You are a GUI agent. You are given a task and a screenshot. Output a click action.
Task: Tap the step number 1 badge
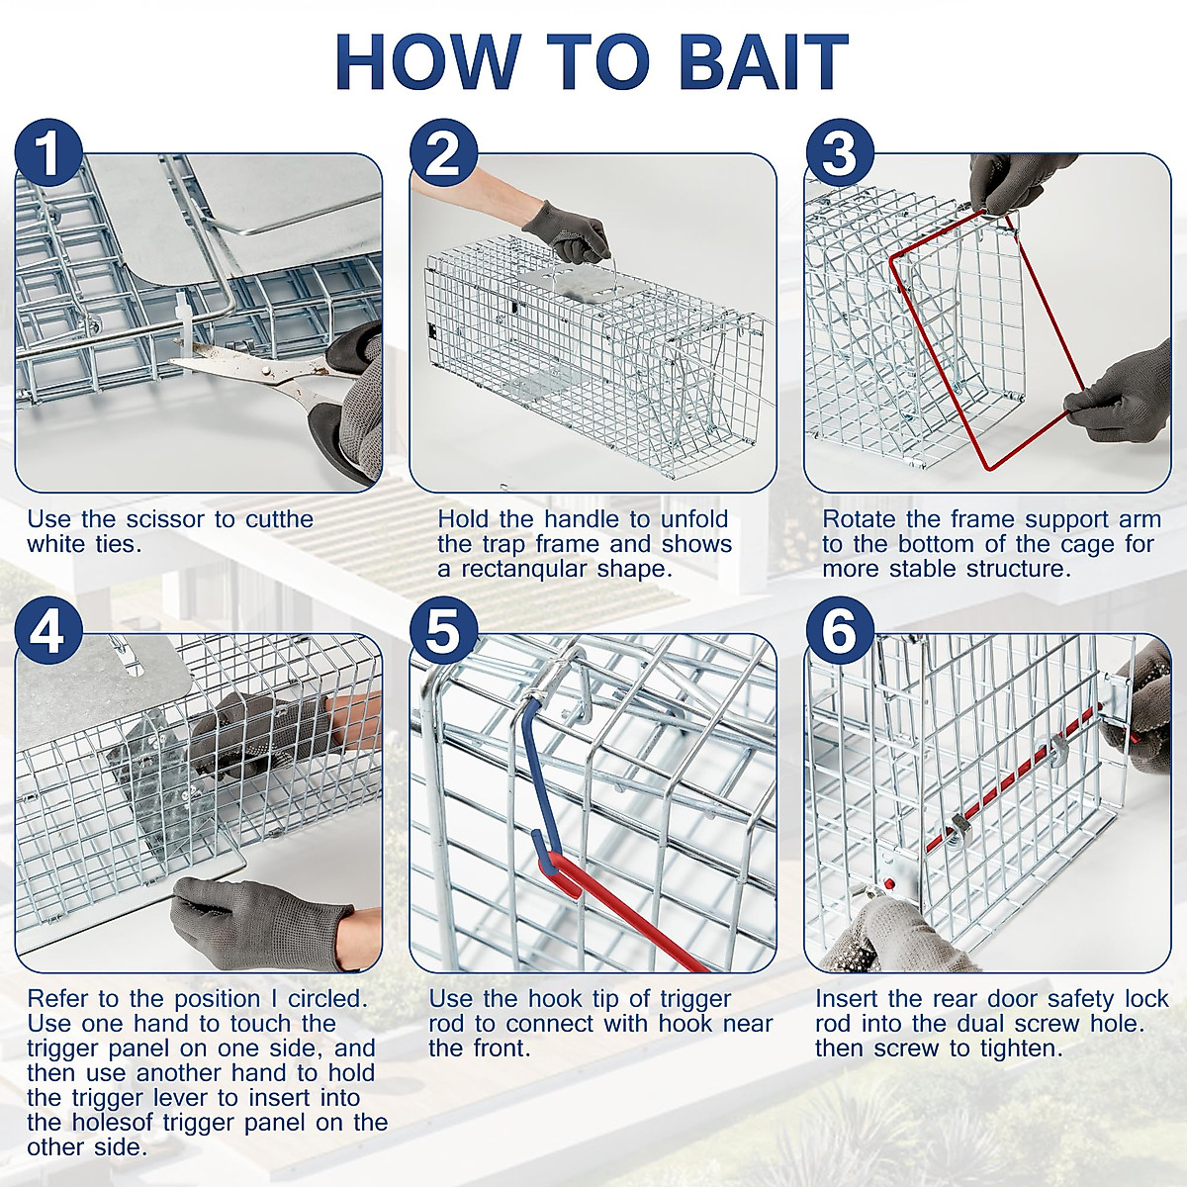coord(48,154)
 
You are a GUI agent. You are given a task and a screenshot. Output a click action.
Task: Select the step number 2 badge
coord(443,154)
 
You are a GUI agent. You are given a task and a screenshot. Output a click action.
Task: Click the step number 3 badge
coord(839,154)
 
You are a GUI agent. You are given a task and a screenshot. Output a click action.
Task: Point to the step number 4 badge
coord(48,633)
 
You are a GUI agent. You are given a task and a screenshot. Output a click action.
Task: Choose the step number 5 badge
coord(443,633)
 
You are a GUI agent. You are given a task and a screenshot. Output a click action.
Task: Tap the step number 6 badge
coord(839,633)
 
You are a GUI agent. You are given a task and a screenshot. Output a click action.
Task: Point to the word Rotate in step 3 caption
coord(860,519)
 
